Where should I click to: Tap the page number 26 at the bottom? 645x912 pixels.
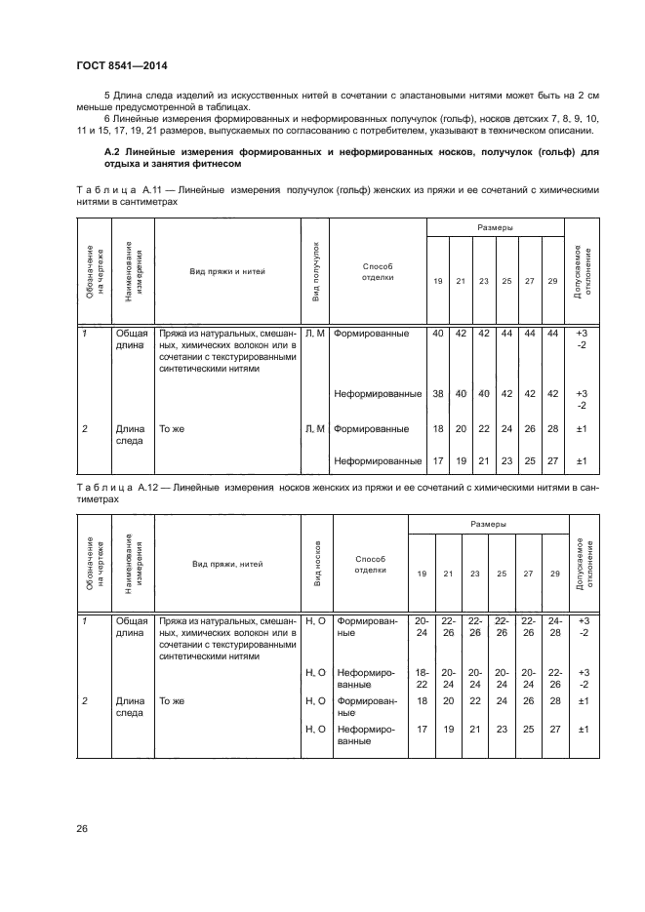point(82,829)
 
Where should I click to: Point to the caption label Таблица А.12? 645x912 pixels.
point(110,486)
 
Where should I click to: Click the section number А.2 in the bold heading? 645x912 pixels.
point(112,152)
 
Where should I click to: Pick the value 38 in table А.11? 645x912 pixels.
point(437,394)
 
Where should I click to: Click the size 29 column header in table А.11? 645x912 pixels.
point(553,281)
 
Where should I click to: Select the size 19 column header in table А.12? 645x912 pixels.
point(422,574)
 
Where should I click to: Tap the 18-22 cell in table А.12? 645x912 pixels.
point(422,679)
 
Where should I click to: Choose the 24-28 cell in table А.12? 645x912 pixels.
point(554,626)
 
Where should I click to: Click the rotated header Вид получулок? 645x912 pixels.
point(315,271)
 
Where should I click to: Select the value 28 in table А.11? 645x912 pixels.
point(553,428)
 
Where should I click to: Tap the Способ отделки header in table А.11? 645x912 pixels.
point(377,270)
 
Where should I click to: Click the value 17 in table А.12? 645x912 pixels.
point(422,728)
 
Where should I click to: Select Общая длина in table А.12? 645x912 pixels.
point(131,626)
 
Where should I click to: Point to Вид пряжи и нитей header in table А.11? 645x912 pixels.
point(227,271)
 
